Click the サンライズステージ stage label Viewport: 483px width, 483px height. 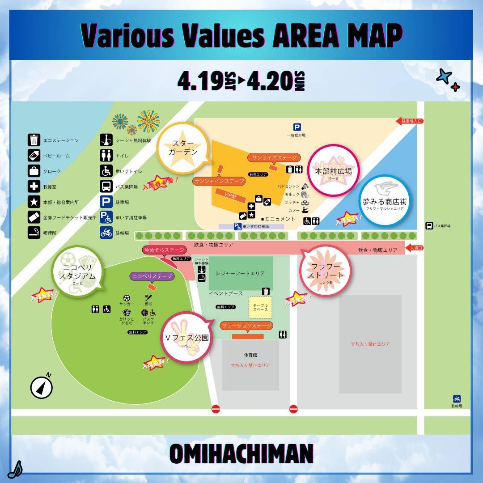click(x=274, y=158)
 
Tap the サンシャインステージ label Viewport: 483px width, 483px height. click(x=219, y=181)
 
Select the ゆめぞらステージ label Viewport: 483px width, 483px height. click(x=163, y=250)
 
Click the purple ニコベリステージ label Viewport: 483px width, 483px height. click(x=152, y=276)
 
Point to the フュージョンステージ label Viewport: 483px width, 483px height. click(x=246, y=326)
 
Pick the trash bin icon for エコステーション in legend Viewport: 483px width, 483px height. click(x=34, y=140)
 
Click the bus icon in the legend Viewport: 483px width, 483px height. click(x=106, y=186)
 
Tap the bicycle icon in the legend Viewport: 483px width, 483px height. click(x=106, y=233)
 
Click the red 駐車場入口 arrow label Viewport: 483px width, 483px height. click(x=410, y=121)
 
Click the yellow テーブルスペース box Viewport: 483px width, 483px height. click(x=260, y=306)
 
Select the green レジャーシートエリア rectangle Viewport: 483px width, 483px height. click(x=241, y=273)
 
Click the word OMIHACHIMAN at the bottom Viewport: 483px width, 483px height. click(x=241, y=453)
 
